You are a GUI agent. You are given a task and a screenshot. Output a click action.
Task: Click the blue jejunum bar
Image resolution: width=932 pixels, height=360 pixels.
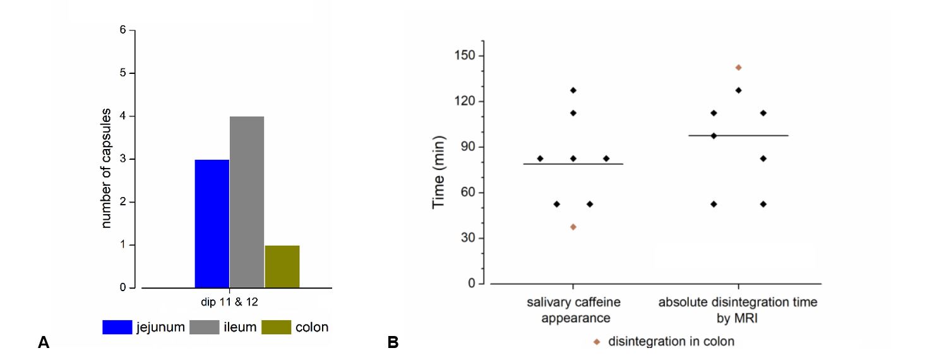212,224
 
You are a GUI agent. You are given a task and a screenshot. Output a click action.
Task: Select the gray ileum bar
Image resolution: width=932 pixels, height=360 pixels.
247,202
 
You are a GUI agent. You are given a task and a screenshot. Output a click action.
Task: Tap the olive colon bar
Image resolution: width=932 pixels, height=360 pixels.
282,267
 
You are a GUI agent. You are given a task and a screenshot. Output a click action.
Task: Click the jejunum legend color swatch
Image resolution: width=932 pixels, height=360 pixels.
117,327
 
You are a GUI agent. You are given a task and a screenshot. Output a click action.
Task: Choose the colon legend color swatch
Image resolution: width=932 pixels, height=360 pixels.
275,327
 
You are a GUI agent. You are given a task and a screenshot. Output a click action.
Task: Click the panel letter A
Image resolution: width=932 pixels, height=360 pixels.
44,343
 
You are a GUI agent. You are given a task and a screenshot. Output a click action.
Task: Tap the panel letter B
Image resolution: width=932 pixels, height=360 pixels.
393,343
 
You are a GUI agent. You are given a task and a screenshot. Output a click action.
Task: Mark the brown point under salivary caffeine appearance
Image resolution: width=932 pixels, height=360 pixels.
573,227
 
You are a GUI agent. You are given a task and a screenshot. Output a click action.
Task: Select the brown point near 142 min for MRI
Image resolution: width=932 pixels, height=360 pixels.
738,68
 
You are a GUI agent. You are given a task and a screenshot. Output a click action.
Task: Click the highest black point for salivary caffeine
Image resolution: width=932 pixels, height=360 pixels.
573,90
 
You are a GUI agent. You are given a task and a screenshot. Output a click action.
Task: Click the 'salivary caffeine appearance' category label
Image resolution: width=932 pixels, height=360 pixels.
573,309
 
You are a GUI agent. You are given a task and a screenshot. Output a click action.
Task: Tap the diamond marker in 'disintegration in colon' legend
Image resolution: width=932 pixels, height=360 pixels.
596,342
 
